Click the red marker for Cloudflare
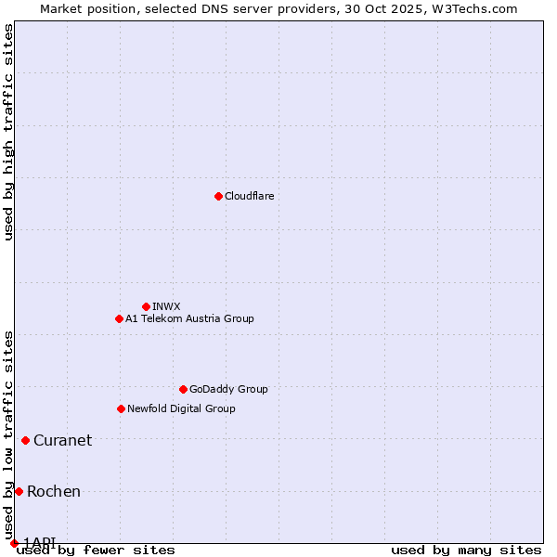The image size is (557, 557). coord(218,196)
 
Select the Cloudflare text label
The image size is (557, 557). coord(249,196)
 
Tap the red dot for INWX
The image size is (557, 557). coord(146,306)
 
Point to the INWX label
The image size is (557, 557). coord(166,306)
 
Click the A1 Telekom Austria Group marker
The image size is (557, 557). coord(119,318)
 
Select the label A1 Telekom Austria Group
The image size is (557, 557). coord(189,318)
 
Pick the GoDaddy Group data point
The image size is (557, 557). coord(183,389)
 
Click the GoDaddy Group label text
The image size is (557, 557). coord(228,389)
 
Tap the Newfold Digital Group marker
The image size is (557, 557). coord(121,408)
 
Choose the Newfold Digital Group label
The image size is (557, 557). coord(181,408)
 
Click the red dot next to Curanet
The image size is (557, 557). coord(25,440)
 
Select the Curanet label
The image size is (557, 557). coord(62,440)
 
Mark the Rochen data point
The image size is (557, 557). coord(19,491)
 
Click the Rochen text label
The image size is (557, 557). coord(54,491)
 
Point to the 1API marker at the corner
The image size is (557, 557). coord(14,543)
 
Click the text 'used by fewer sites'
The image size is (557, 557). coord(96,550)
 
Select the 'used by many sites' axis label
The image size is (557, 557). coord(466,550)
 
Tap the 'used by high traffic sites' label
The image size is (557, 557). coord(8,132)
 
